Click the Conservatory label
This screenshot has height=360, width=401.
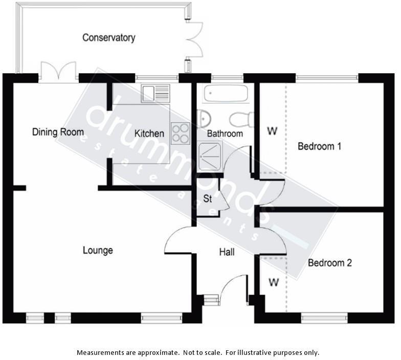click(x=108, y=38)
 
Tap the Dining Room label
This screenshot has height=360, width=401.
click(x=58, y=132)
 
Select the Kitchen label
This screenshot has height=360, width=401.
click(x=149, y=133)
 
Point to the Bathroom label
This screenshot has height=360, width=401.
click(x=225, y=133)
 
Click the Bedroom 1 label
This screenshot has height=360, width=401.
click(x=319, y=146)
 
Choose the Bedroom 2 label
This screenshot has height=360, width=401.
click(x=329, y=263)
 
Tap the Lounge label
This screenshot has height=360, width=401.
click(x=98, y=250)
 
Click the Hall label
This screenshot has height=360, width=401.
click(x=227, y=252)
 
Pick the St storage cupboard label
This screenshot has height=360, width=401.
click(x=208, y=198)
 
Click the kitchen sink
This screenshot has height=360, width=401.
click(x=155, y=94)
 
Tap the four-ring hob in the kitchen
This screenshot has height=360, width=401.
click(x=181, y=133)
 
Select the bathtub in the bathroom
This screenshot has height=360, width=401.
click(x=226, y=94)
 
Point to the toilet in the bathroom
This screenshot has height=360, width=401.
click(x=241, y=120)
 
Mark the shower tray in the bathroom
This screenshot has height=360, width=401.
click(x=210, y=155)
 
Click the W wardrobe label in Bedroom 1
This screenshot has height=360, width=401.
click(x=272, y=131)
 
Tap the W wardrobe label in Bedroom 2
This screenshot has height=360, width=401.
click(x=274, y=282)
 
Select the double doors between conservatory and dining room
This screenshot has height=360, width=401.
click(x=58, y=73)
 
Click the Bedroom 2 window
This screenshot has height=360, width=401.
click(x=324, y=318)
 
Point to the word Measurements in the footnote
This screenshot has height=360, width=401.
click(x=101, y=353)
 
